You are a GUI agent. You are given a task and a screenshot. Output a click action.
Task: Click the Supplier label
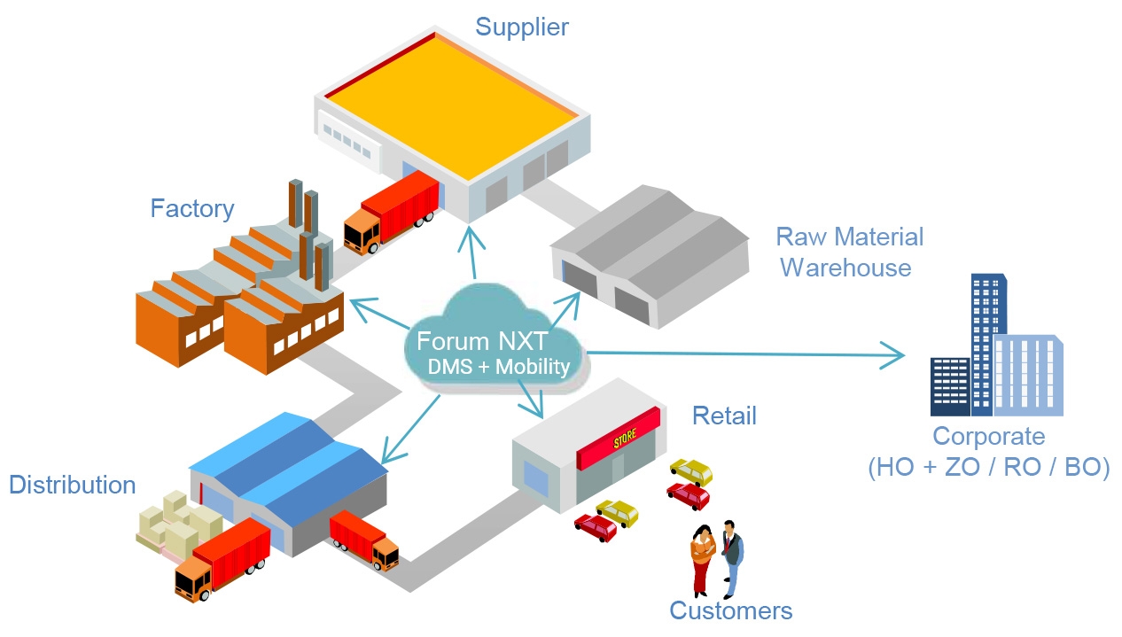coord(521,27)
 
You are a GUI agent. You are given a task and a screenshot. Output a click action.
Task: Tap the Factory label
coord(191,209)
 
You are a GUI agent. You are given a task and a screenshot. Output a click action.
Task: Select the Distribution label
coord(72,486)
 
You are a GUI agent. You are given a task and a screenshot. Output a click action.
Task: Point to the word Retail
coord(724,416)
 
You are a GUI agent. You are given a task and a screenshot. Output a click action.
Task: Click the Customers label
coord(730,610)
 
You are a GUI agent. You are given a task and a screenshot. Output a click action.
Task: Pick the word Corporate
coord(988,437)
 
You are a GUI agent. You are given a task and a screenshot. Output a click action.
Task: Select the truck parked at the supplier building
coord(390,214)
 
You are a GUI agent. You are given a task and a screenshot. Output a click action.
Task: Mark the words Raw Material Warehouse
coord(848,252)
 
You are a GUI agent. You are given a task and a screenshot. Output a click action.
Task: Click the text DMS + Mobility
coord(498,367)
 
